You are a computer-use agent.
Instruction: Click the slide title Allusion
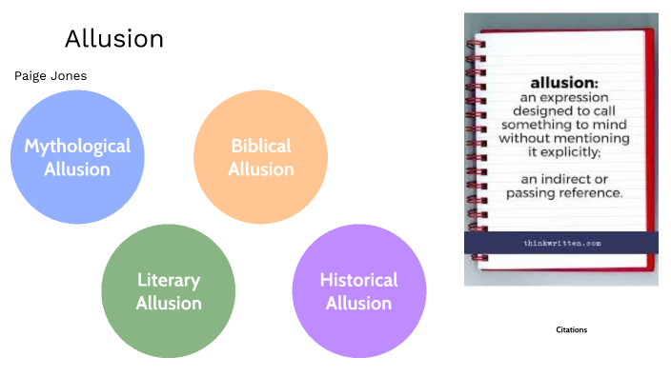[114, 39]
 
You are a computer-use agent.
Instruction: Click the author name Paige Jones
[51, 76]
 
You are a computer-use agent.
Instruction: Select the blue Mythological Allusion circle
[77, 158]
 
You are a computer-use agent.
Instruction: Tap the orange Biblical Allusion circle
[260, 158]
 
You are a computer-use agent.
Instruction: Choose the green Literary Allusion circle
[169, 291]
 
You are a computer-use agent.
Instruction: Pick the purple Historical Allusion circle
[358, 291]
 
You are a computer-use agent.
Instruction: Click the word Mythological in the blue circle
[77, 147]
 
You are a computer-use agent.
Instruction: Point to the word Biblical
[260, 147]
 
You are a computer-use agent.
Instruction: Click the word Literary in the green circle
[169, 280]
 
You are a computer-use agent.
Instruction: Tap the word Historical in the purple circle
[358, 280]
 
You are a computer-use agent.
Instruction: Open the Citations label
[572, 329]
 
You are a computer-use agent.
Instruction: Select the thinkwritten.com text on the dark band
[561, 243]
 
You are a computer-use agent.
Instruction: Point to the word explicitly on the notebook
[577, 151]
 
